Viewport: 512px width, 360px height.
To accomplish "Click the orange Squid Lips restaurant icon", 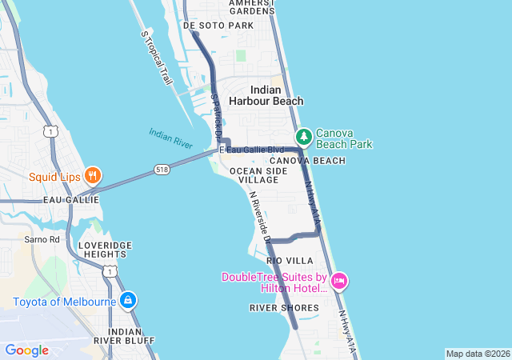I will [93, 176].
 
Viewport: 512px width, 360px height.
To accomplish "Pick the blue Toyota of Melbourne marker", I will [127, 301].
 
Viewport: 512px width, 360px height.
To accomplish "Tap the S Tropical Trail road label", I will [157, 58].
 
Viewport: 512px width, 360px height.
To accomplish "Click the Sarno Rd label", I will [42, 239].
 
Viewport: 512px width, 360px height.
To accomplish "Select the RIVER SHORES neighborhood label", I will [284, 307].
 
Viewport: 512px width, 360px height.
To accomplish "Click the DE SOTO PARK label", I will [218, 26].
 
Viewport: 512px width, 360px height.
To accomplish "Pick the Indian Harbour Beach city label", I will [266, 96].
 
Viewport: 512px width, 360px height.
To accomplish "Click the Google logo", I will [27, 350].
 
